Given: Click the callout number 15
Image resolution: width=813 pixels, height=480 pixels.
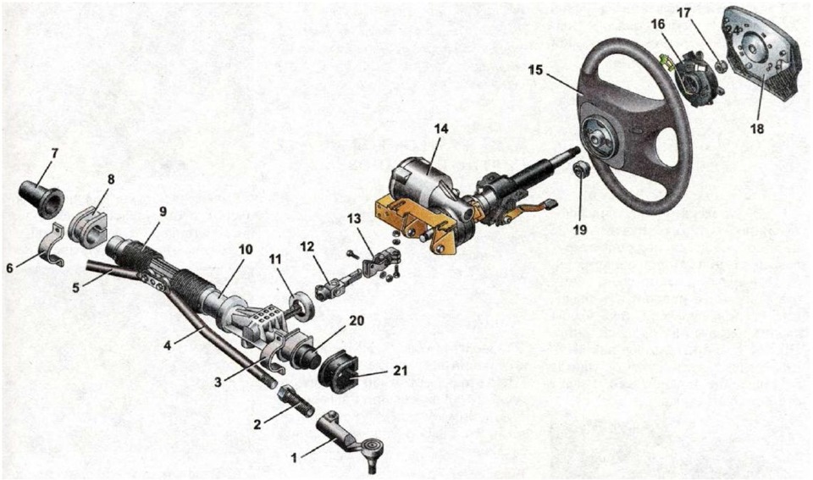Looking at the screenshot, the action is [535, 69].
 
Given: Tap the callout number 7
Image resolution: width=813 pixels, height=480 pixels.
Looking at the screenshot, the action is [54, 153].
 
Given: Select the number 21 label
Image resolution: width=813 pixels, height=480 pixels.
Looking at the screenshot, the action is [399, 371].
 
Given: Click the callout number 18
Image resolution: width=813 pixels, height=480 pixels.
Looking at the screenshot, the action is [757, 128].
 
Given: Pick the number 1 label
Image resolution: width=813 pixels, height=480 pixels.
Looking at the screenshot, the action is [294, 458].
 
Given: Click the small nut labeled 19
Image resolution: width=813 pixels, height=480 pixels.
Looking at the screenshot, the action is [580, 169].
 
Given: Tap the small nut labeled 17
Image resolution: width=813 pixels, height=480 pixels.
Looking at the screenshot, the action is [719, 66].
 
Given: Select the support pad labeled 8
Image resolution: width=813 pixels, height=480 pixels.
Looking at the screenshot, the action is [88, 225].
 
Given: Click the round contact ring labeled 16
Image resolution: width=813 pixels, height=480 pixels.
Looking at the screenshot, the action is [694, 72].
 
